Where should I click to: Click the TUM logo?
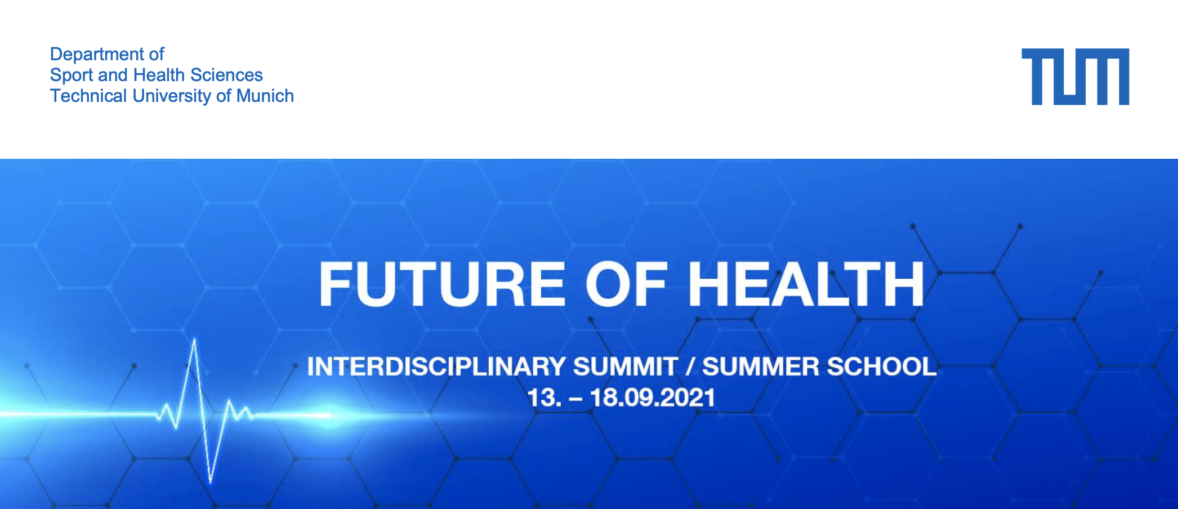tap(1075, 77)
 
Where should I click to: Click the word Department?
tap(97, 55)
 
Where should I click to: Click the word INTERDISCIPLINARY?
tap(436, 367)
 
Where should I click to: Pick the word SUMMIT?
tap(626, 367)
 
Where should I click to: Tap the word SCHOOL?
tap(881, 367)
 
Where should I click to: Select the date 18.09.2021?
tap(652, 398)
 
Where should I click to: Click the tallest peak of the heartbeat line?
tap(195, 339)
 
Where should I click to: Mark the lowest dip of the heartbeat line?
tap(210, 482)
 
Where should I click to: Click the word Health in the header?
tap(159, 75)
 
